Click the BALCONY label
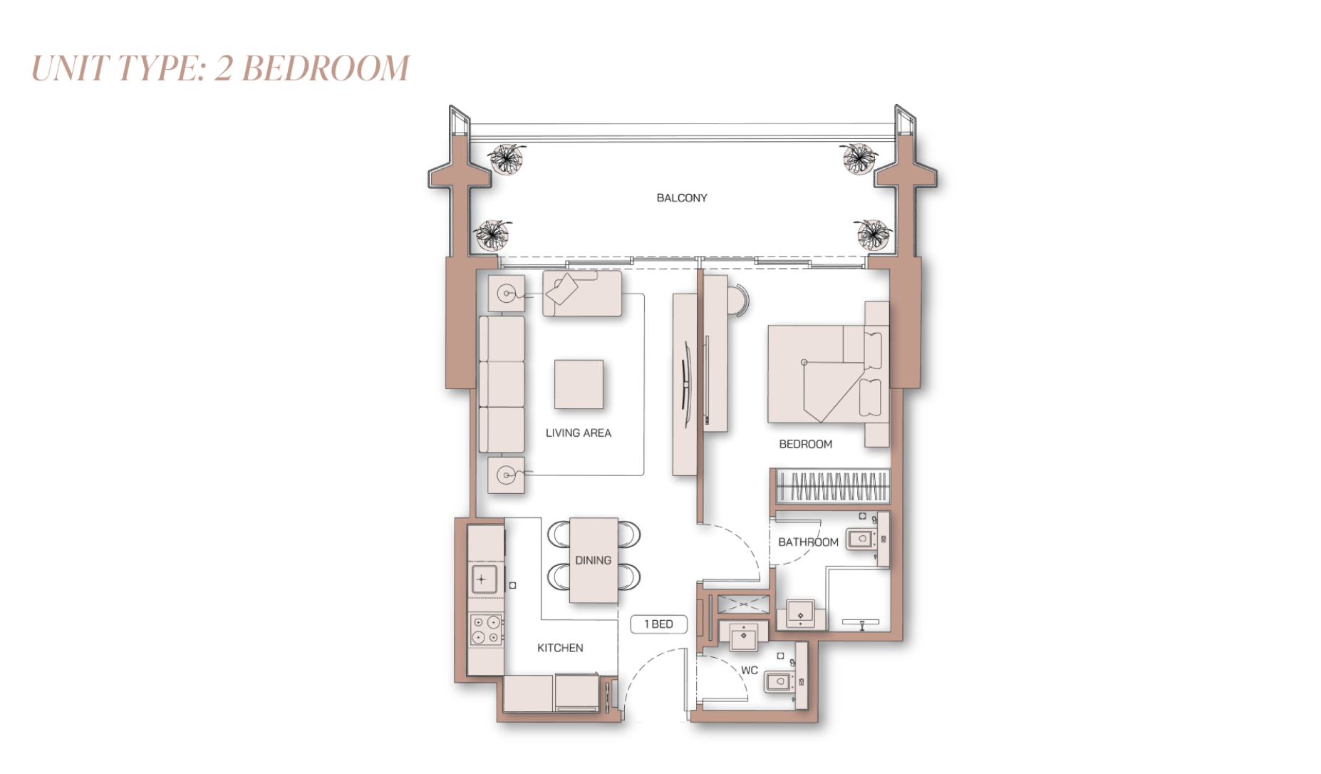pyautogui.click(x=681, y=198)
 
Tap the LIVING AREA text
pyautogui.click(x=578, y=433)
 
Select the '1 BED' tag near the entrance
pyautogui.click(x=658, y=624)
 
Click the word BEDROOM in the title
pyautogui.click(x=326, y=69)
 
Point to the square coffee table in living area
pyautogui.click(x=579, y=385)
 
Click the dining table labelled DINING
pyautogui.click(x=594, y=560)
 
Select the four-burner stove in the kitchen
pyautogui.click(x=485, y=630)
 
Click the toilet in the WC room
pyautogui.click(x=779, y=682)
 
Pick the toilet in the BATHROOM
pyautogui.click(x=861, y=539)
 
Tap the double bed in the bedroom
pyautogui.click(x=827, y=374)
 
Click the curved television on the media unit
pyautogui.click(x=685, y=385)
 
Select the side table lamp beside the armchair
pyautogui.click(x=507, y=293)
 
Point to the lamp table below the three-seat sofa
pyautogui.click(x=506, y=475)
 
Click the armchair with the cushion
pyautogui.click(x=581, y=293)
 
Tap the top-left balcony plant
pyautogui.click(x=507, y=158)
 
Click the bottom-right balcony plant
pyautogui.click(x=872, y=234)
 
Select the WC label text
pyautogui.click(x=749, y=671)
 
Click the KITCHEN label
pyautogui.click(x=560, y=648)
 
